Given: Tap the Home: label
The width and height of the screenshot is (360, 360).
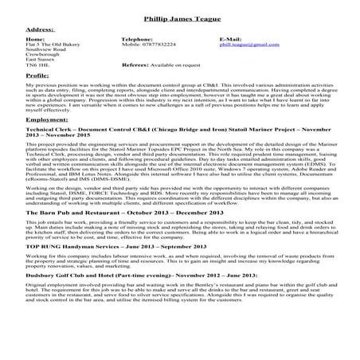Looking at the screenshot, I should (x=35, y=37).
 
